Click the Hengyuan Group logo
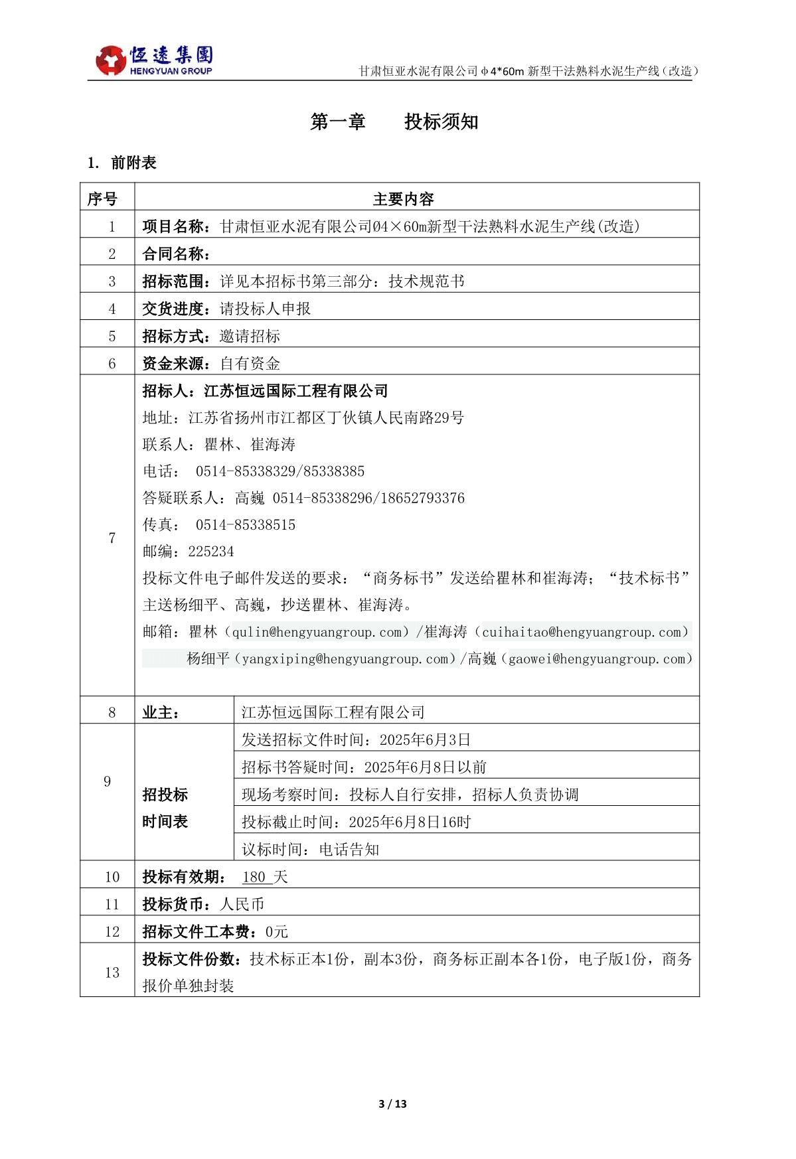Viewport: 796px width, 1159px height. [154, 60]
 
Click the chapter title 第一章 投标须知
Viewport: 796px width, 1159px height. [394, 121]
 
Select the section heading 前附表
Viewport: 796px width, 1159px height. [133, 163]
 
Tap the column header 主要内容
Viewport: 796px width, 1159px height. [403, 198]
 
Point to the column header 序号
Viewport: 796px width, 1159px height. [102, 198]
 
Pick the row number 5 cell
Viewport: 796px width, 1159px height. [112, 336]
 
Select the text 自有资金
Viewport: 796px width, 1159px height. [250, 364]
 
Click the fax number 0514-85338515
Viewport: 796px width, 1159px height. [245, 525]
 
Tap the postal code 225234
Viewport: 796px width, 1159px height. [210, 552]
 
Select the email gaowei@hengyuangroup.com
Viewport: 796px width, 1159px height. [596, 659]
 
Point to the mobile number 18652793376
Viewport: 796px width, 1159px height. [422, 499]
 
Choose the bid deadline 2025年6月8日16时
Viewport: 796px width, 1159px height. [409, 822]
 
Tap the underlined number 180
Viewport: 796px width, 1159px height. [254, 877]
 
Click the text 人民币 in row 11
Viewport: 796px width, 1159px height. [242, 904]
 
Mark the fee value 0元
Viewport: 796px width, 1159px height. [277, 931]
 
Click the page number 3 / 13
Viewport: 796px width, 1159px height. [392, 1104]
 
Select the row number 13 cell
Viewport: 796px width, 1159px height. [112, 972]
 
